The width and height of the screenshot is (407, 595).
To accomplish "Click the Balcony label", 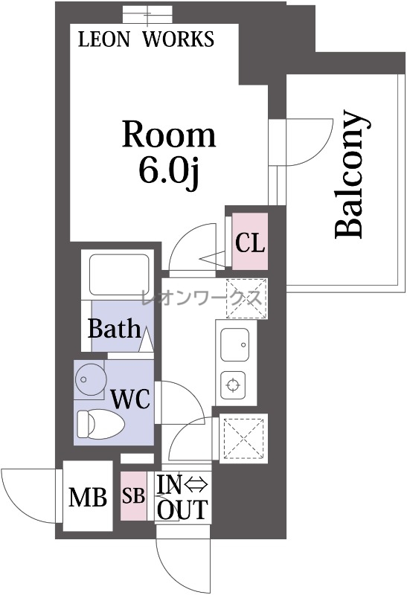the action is coord(352,175).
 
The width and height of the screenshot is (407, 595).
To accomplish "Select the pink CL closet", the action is coord(250,241).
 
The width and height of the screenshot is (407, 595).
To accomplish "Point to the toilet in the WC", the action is coord(100,424).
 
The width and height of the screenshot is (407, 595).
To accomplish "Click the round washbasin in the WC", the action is coord(89,380).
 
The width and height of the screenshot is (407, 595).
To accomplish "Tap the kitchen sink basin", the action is coord(235,344).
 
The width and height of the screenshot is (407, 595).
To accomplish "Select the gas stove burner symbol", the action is coord(233,385).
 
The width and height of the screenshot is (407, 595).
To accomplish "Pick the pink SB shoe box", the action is coord(134,495).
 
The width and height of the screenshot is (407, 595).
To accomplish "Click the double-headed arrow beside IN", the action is coord(196,485).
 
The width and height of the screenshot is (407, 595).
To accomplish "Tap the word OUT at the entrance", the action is coord(182,509).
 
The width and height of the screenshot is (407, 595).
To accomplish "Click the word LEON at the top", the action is coord(103,39).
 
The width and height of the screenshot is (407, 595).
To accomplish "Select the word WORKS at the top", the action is coord(178,39).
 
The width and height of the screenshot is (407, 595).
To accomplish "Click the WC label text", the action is coord(130,399).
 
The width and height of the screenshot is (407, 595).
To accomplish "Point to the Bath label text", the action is coord(114,329).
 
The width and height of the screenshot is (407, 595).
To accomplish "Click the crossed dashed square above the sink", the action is coord(247,298).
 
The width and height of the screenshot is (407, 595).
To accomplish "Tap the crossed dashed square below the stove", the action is coord(244,439).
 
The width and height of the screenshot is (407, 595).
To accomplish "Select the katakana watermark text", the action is coord(202,297).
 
